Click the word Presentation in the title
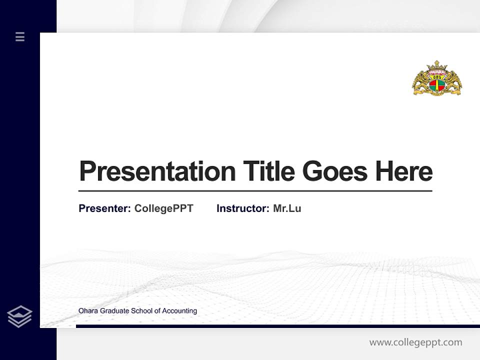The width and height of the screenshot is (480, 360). [157, 171]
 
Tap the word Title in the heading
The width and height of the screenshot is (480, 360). [268, 171]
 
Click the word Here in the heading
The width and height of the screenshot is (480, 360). [404, 171]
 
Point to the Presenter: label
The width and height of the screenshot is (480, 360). [104, 208]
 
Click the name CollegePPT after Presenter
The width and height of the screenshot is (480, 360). [163, 208]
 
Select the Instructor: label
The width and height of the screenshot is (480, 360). [242, 208]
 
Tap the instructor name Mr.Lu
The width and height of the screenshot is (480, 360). [287, 208]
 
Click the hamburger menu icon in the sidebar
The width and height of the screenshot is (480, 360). [20, 36]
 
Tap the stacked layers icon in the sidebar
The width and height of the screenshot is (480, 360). [19, 316]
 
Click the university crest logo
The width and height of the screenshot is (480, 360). [436, 78]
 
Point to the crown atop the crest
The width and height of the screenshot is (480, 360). [436, 65]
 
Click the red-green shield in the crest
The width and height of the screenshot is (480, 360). [436, 85]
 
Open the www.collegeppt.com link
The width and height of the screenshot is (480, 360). [415, 342]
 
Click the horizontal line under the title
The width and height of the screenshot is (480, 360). [255, 191]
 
